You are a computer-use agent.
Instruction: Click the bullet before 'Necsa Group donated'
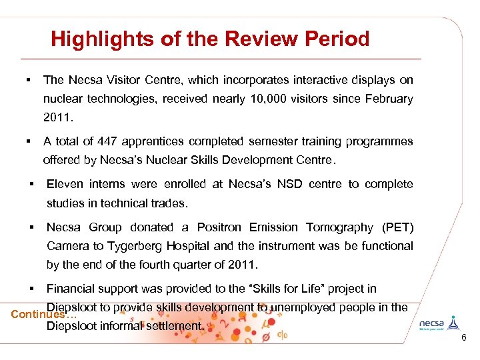pos(31,227)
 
